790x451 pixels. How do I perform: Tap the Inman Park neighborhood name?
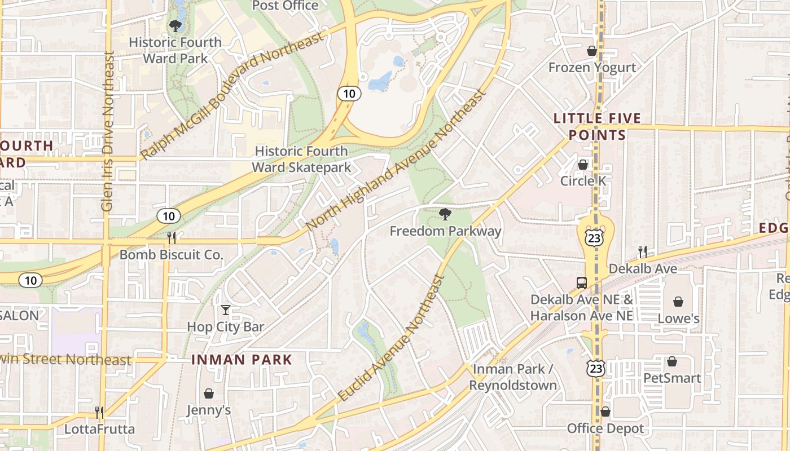[242, 359]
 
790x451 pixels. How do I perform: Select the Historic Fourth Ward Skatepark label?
[301, 159]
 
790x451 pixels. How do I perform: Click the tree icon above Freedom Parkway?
[445, 214]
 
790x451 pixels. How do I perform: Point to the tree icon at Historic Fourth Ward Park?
[175, 25]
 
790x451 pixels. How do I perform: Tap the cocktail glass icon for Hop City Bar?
[226, 309]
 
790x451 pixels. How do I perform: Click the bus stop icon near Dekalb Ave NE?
[581, 282]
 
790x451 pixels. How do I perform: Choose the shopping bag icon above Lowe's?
[678, 302]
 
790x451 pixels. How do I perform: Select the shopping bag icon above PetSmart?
[671, 361]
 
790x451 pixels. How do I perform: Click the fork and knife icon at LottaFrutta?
[99, 413]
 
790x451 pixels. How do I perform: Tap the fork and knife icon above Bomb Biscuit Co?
[172, 238]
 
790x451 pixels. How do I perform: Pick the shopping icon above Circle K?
[583, 165]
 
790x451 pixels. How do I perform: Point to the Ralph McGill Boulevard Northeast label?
[232, 95]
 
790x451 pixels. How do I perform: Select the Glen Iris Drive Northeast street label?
[108, 131]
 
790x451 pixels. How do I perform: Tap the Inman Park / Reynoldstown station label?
[513, 377]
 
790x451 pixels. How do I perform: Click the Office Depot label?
[605, 428]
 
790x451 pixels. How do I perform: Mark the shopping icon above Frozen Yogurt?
[592, 51]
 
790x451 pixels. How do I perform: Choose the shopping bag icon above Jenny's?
[209, 393]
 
